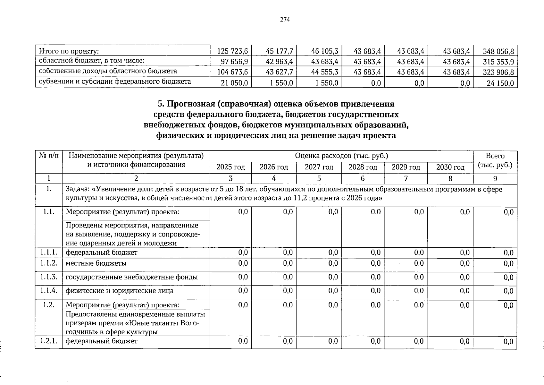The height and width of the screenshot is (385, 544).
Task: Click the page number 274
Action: [285, 20]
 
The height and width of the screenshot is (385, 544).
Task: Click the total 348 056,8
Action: [498, 51]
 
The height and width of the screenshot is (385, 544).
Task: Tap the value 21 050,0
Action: [235, 83]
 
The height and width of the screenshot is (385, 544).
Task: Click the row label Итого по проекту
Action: [69, 51]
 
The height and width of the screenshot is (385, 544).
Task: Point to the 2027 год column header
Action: [319, 167]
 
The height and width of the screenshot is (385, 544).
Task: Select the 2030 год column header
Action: [450, 167]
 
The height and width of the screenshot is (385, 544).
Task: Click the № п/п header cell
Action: [49, 156]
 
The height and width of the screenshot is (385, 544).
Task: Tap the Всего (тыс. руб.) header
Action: [495, 161]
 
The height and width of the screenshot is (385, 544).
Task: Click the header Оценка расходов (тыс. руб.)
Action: [341, 156]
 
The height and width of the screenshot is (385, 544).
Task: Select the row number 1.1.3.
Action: [49, 277]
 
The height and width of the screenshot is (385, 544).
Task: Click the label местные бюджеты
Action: [96, 263]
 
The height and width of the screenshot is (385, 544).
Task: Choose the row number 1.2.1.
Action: [49, 341]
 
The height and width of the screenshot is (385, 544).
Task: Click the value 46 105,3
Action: [324, 51]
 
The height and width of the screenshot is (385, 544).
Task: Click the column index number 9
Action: [495, 179]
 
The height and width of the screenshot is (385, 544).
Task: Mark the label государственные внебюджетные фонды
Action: [131, 277]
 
